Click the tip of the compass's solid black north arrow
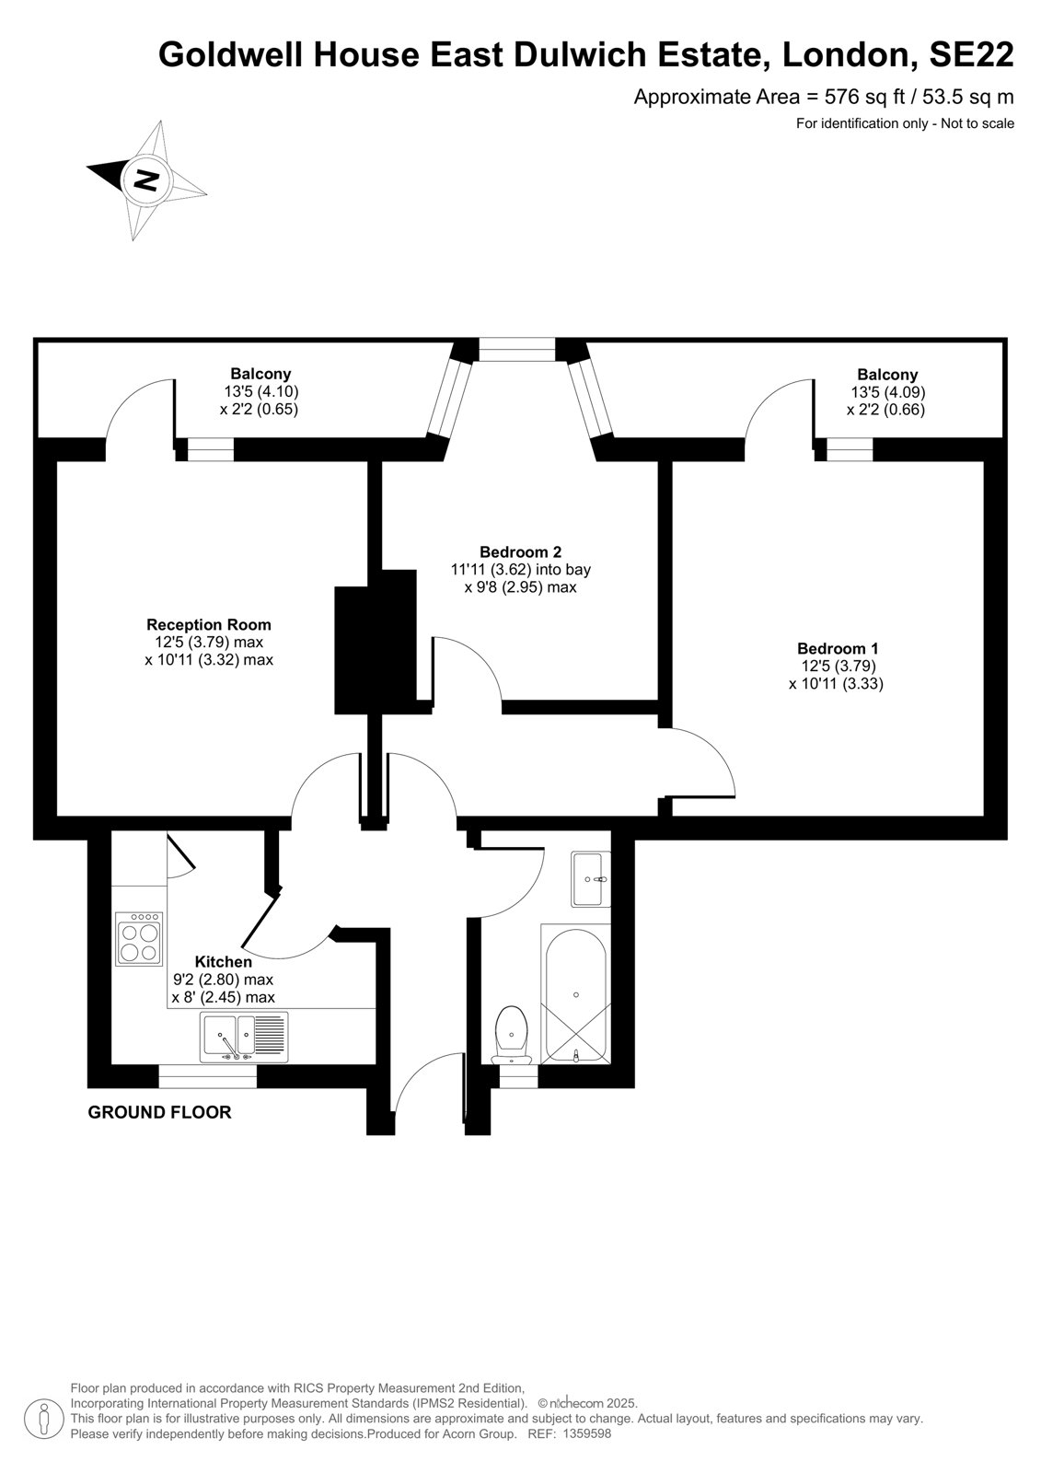pos(87,166)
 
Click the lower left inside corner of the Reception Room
pos(57,816)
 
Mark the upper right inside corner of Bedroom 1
pos(984,461)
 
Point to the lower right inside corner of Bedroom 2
pos(657,701)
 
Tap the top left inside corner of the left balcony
pos(38,343)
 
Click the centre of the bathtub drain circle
pos(576,995)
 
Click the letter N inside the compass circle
pos(146,180)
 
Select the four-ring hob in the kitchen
pos(139,938)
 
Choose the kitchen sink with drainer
pos(244,1037)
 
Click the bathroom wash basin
pos(591,879)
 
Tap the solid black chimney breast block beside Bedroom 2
pos(376,642)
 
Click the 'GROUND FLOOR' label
pos(160,1112)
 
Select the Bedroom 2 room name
pos(521,551)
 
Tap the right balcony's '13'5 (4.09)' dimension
pos(888,392)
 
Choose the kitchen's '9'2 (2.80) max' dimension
pos(223,980)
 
